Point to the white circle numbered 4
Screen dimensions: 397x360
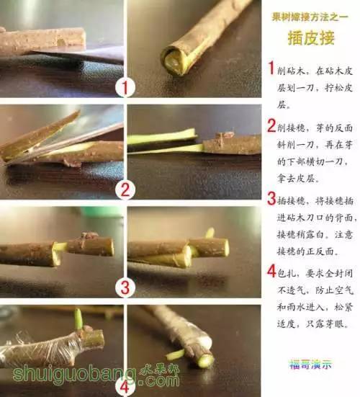point(125,382)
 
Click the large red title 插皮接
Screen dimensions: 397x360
point(310,37)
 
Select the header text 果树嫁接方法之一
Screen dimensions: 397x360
point(310,16)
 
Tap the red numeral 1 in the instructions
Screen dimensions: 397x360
point(271,68)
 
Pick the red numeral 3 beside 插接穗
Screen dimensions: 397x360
point(271,198)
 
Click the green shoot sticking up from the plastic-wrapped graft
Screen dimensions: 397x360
point(78,318)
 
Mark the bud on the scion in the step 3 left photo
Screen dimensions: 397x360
point(90,236)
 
